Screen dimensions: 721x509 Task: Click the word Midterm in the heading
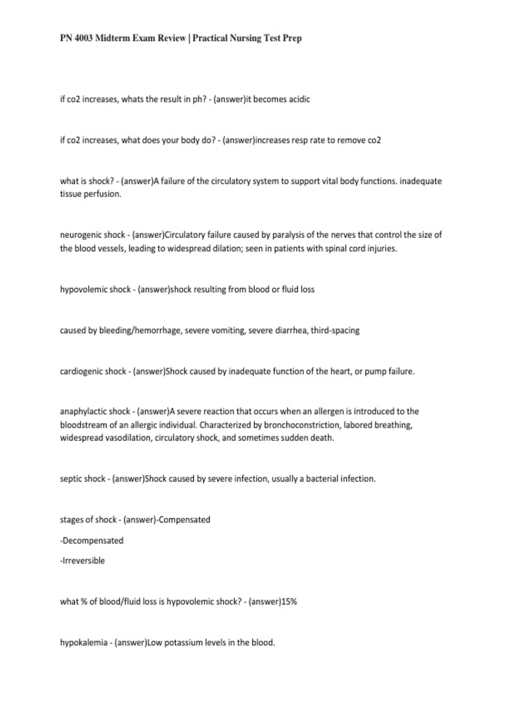112,38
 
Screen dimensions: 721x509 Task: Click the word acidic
299,99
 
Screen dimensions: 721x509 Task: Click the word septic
71,479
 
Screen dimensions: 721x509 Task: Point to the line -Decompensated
92,541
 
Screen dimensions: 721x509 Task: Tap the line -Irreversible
82,561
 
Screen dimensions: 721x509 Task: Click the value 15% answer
289,602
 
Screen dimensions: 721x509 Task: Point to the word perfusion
104,194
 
